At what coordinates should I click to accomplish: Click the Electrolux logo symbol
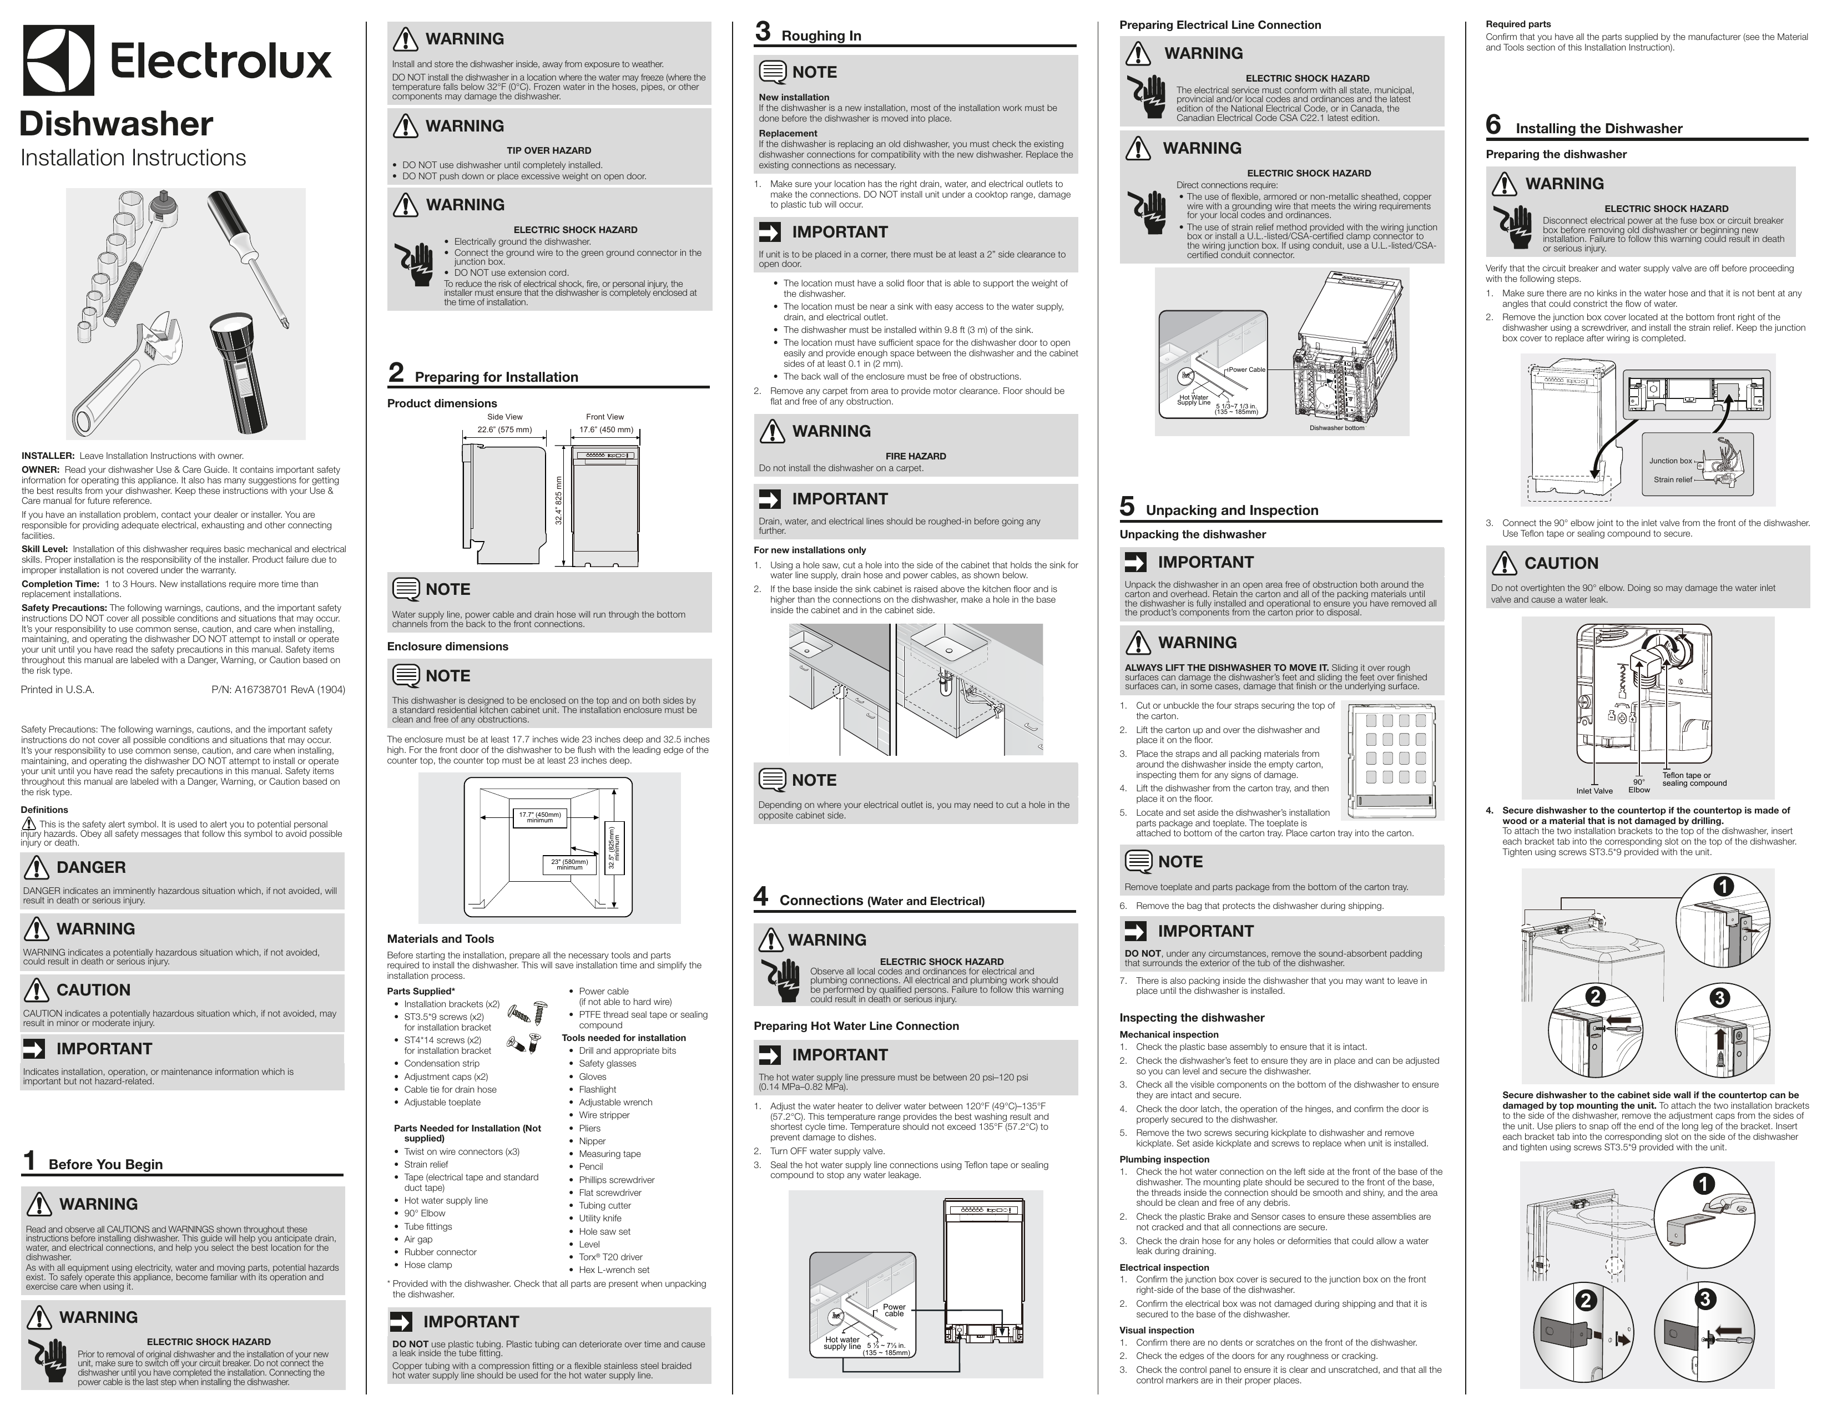click(x=59, y=60)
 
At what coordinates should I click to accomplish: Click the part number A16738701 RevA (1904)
click(x=277, y=690)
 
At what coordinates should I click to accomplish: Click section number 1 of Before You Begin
click(x=29, y=1161)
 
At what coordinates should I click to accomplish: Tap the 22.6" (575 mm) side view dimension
click(x=504, y=429)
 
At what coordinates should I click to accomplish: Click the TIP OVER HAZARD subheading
click(x=548, y=151)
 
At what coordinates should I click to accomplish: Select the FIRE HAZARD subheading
click(x=915, y=456)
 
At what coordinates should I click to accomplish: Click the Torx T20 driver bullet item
click(x=610, y=1256)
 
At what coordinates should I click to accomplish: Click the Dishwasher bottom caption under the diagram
click(x=1336, y=428)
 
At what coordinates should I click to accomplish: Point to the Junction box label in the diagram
click(x=1670, y=461)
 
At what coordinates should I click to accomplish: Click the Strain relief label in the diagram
click(x=1673, y=480)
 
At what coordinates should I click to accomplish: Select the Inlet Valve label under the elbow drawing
click(x=1594, y=790)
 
